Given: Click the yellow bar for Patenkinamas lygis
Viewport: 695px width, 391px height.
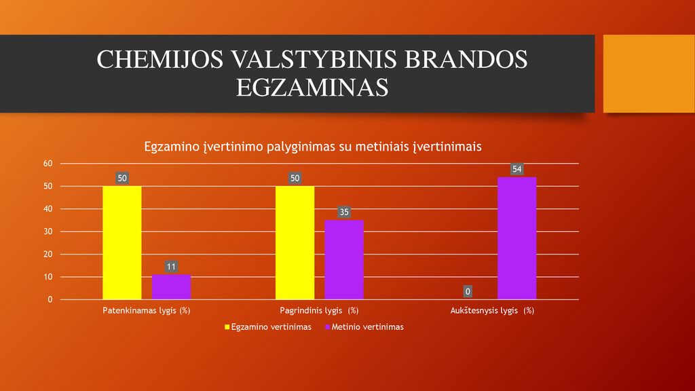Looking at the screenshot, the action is [x=122, y=242].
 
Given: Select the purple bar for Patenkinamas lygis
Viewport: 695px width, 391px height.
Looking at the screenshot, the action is [x=171, y=287].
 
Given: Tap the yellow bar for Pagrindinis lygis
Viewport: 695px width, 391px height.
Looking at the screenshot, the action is [x=295, y=242].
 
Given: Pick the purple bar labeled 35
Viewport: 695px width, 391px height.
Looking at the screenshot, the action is [x=344, y=260].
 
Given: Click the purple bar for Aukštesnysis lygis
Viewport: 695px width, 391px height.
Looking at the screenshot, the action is [x=516, y=238].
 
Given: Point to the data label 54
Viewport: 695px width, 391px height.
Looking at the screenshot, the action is [x=516, y=169].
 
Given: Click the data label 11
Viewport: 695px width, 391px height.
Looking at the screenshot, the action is [x=171, y=266].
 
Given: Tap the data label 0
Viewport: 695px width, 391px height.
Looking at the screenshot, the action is [x=468, y=291].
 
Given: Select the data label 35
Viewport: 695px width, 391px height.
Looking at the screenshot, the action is [x=344, y=212].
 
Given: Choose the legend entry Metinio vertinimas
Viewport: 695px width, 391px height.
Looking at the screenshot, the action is [x=364, y=327].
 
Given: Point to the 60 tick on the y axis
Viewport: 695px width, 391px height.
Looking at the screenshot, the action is [x=48, y=164].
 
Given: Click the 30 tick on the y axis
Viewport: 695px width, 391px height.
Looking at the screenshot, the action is [x=48, y=231].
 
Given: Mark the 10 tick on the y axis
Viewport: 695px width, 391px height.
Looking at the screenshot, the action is [x=48, y=277].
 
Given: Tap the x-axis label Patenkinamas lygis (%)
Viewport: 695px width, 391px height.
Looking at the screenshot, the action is [x=147, y=310].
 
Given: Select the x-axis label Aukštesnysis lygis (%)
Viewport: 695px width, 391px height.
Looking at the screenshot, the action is [x=492, y=310].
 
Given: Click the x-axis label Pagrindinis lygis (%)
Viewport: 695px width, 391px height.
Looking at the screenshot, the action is [x=319, y=310].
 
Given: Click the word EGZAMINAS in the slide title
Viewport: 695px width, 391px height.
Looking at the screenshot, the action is [x=312, y=88].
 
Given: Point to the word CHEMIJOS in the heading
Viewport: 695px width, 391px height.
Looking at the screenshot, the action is [x=160, y=60].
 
